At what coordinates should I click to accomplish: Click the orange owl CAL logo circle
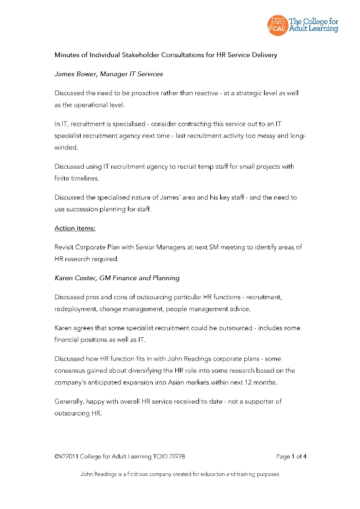278,25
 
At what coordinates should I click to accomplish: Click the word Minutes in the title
67,55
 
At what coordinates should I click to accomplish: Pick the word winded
66,148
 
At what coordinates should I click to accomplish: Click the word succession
81,209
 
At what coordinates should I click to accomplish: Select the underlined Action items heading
75,228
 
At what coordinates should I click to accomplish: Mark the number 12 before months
248,383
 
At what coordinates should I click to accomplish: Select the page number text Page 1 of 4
291,457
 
